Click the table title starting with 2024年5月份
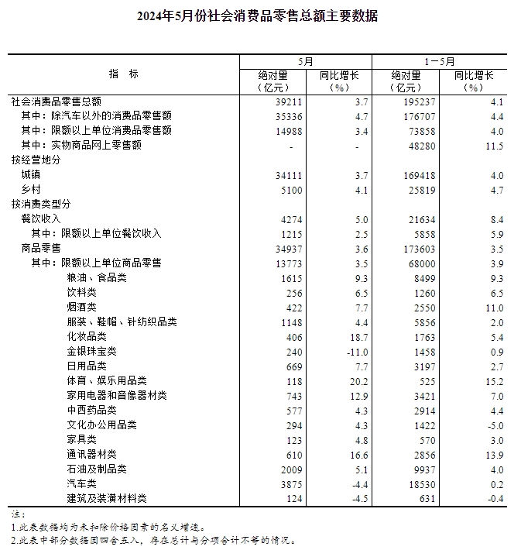[x=261, y=15]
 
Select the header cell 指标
[x=124, y=74]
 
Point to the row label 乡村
[x=31, y=190]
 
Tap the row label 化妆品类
[x=87, y=337]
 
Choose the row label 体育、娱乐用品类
[x=108, y=381]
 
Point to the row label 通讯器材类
[x=92, y=454]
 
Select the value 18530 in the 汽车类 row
[x=420, y=483]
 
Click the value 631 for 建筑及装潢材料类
[x=426, y=498]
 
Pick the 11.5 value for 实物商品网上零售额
[x=493, y=146]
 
